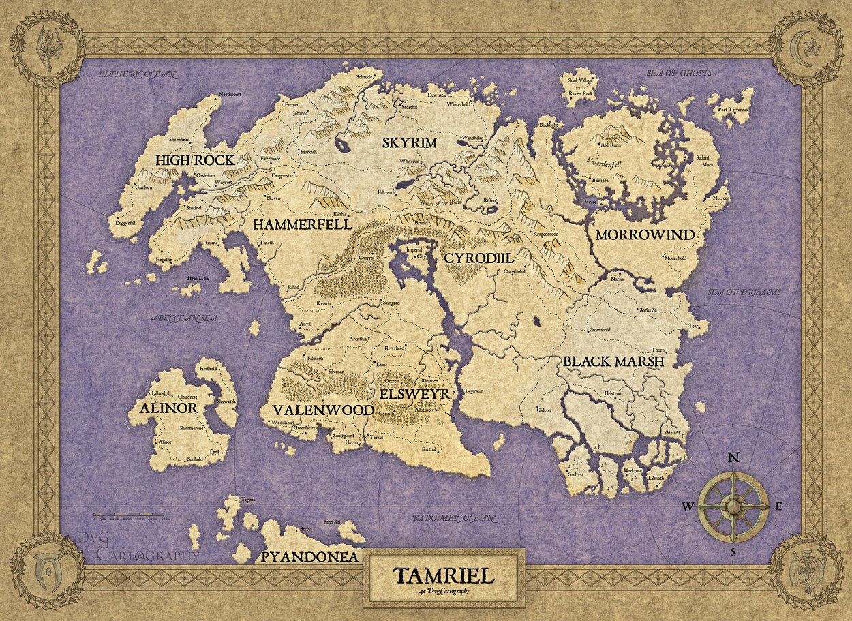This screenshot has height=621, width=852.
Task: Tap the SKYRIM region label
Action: click(409, 142)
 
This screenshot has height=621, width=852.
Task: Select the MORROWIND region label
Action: click(645, 235)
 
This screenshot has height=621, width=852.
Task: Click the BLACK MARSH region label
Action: click(613, 362)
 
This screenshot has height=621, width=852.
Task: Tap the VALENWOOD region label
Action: click(323, 410)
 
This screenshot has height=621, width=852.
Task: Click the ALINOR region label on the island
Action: click(168, 408)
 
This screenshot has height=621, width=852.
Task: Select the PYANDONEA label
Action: click(309, 557)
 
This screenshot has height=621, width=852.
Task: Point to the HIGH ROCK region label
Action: click(194, 161)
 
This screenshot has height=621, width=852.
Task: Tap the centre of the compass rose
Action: click(733, 506)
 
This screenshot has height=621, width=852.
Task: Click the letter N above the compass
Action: click(733, 457)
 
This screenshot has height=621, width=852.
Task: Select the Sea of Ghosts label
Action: click(679, 73)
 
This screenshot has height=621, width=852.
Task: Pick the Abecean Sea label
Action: click(185, 316)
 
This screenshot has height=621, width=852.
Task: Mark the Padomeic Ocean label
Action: click(453, 519)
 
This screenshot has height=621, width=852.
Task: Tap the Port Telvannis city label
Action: click(732, 109)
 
